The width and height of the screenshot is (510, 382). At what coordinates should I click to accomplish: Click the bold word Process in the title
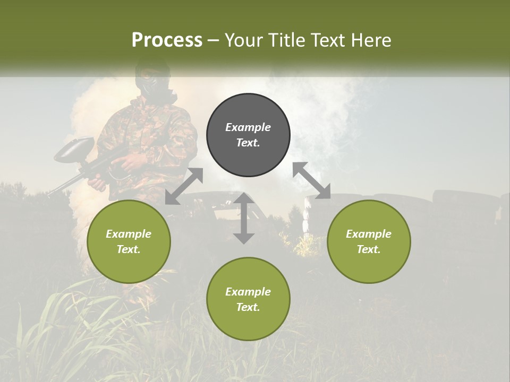(167, 40)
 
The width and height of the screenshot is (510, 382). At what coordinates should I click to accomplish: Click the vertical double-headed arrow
(243, 218)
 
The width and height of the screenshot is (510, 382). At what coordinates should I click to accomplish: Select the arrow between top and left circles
(184, 186)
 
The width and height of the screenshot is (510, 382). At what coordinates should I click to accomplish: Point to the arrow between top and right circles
(312, 180)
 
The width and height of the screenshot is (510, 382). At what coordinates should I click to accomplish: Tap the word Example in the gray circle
(248, 127)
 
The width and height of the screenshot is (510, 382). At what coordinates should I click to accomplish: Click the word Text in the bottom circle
(248, 307)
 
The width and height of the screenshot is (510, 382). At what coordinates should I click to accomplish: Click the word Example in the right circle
(369, 234)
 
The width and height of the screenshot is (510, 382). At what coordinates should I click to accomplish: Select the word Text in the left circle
(129, 249)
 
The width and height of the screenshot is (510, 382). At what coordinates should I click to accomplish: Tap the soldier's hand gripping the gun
(99, 183)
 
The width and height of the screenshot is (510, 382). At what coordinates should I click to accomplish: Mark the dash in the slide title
(214, 40)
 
